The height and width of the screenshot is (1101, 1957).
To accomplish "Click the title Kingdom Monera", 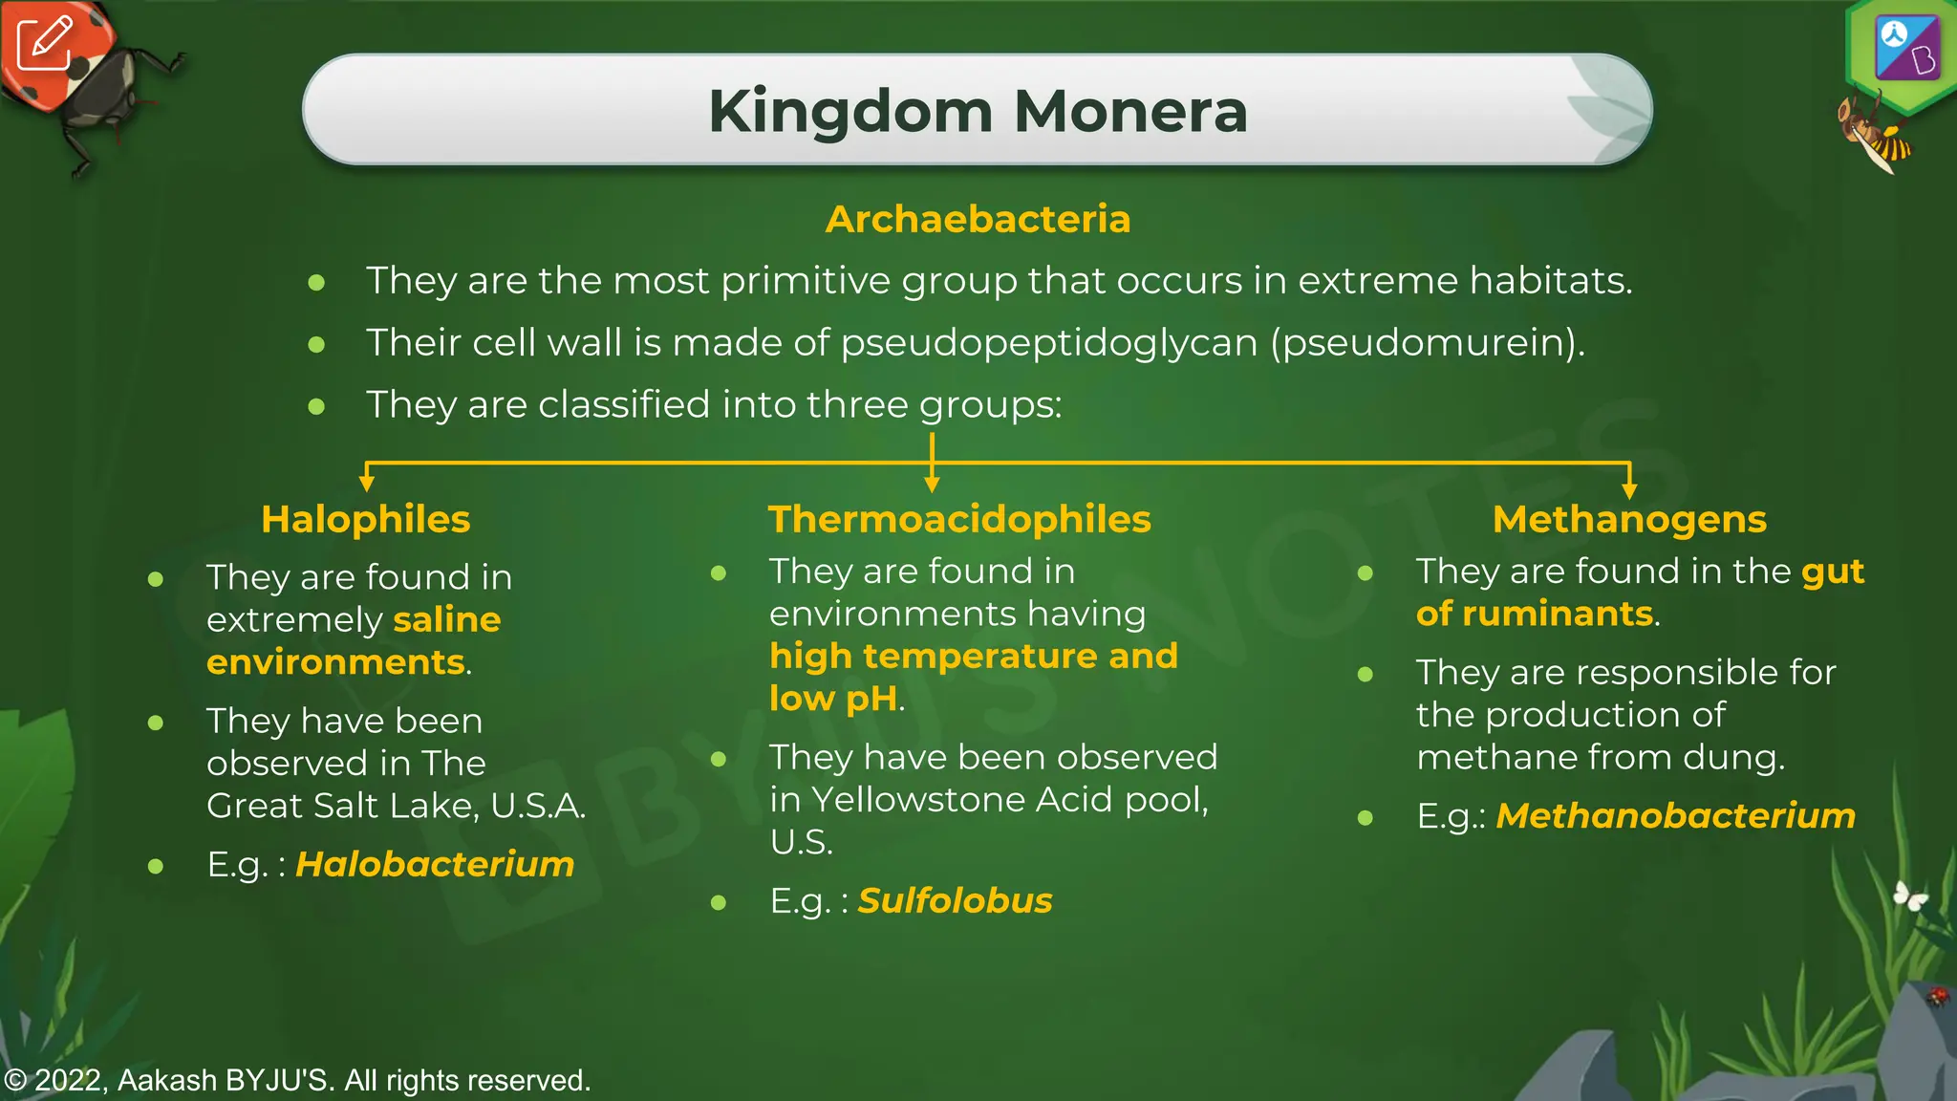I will (978, 111).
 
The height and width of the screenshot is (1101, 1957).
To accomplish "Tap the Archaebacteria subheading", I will (978, 219).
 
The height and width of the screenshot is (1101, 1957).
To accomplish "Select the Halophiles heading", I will (366, 519).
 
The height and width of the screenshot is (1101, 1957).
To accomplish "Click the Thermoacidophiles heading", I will (959, 519).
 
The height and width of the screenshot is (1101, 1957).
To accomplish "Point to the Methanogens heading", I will (1629, 519).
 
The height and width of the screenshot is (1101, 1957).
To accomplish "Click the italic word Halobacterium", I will (435, 864).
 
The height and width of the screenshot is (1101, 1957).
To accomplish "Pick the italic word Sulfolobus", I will (955, 900).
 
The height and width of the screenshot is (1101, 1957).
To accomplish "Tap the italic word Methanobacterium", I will (1675, 815).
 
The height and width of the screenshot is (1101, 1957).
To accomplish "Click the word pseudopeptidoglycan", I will (1048, 342).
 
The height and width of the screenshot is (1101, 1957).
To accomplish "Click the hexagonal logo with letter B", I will (1905, 50).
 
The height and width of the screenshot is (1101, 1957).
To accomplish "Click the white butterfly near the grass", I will (1910, 896).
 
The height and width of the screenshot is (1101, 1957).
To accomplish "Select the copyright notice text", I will (297, 1080).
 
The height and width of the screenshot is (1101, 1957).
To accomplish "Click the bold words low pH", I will (833, 699).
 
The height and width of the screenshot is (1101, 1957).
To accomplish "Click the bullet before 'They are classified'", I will (317, 406).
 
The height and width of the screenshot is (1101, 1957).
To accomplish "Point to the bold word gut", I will (1832, 571).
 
